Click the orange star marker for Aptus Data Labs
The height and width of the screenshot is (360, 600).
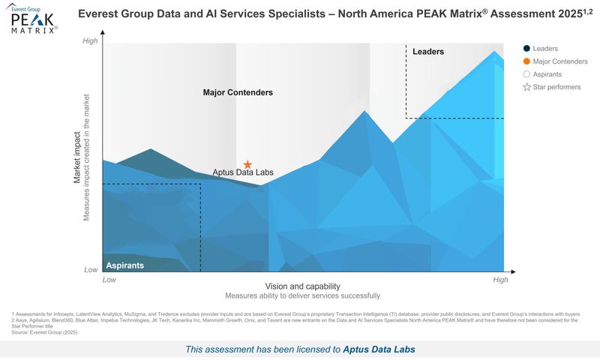click(x=247, y=164)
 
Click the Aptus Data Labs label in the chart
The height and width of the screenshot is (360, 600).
click(x=243, y=172)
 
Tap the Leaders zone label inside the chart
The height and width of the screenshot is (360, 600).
click(x=428, y=52)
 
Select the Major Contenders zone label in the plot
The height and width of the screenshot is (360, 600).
click(x=238, y=92)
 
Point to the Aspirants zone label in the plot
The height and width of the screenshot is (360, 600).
click(x=125, y=265)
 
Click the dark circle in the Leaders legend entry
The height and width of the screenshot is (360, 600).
click(x=526, y=49)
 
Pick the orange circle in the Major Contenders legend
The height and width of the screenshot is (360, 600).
click(x=526, y=61)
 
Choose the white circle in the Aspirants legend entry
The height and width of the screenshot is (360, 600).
click(x=526, y=74)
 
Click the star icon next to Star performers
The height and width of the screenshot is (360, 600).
click(x=526, y=88)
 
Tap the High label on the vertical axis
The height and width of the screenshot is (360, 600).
click(x=90, y=41)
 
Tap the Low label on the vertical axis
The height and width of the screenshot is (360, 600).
click(x=90, y=269)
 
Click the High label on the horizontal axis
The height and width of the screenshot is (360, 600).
click(x=500, y=280)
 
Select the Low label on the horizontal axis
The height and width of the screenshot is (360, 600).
click(x=109, y=280)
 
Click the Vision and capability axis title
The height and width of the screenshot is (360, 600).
click(x=302, y=286)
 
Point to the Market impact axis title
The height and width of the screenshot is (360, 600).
click(x=77, y=157)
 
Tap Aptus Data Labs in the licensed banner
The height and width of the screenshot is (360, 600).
click(x=379, y=349)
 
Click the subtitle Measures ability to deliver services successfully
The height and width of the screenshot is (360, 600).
click(x=302, y=295)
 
